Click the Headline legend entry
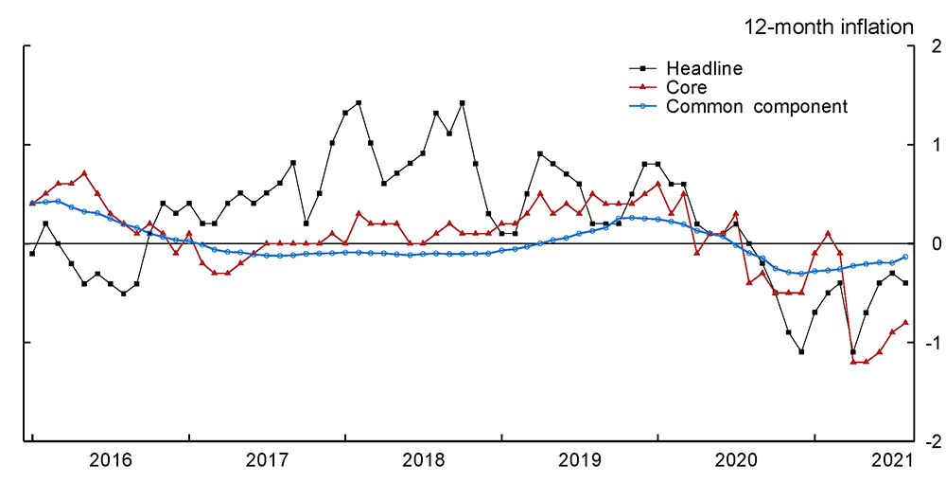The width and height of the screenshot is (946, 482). [x=704, y=68]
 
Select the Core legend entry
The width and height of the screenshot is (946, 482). [x=687, y=87]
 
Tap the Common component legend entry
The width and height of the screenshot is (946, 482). [x=757, y=106]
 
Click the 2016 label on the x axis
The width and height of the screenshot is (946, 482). [x=111, y=461]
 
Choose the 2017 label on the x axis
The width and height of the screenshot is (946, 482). [x=268, y=461]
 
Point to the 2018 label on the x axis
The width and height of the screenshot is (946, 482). [x=424, y=461]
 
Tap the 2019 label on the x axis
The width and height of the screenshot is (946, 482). [x=581, y=461]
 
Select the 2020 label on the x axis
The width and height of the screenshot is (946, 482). [x=737, y=461]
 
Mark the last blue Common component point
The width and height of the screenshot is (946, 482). [x=905, y=257]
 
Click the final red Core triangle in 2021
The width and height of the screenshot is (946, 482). [x=905, y=322]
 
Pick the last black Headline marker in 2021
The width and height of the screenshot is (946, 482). [x=905, y=283]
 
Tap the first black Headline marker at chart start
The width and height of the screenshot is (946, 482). [x=32, y=254]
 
